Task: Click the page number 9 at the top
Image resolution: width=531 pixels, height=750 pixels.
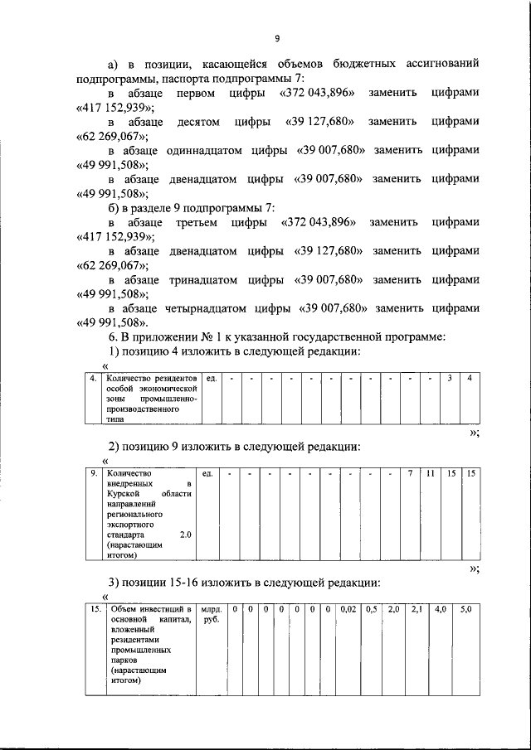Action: click(278, 37)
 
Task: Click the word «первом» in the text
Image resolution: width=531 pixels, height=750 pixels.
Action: click(197, 93)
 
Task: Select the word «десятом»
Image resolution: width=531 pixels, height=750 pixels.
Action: click(199, 122)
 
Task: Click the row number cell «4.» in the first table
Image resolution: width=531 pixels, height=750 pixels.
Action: click(94, 379)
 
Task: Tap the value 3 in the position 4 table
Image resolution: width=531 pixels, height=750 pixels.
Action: click(450, 379)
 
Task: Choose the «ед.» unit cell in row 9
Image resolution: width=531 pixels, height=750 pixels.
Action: click(208, 473)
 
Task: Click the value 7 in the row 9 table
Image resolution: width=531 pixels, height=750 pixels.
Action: click(409, 473)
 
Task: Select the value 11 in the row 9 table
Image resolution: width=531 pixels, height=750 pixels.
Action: click(430, 473)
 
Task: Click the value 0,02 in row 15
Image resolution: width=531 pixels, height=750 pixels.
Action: click(348, 610)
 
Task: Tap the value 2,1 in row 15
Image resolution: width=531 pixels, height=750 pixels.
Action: click(417, 610)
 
